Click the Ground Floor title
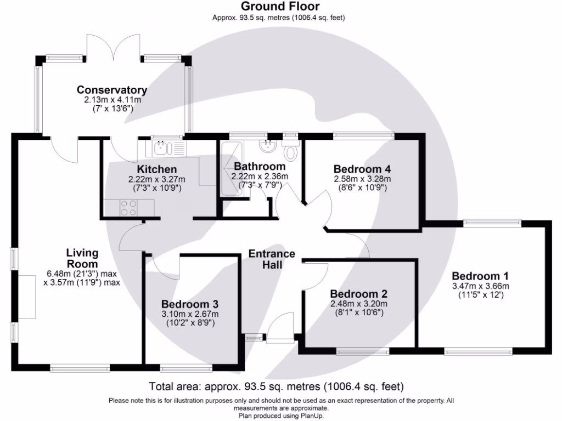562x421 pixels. [280, 7]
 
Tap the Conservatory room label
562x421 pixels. [112, 90]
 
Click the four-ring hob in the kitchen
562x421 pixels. [130, 208]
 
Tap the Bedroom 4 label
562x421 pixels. [362, 169]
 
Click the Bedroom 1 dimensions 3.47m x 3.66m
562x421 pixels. [480, 286]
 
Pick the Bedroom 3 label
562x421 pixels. [190, 304]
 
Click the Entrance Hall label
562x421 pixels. [272, 259]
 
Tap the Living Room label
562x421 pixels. [82, 258]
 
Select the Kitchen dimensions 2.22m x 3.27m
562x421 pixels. [156, 179]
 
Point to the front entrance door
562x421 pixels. [280, 328]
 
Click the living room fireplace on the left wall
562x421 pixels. [27, 297]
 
